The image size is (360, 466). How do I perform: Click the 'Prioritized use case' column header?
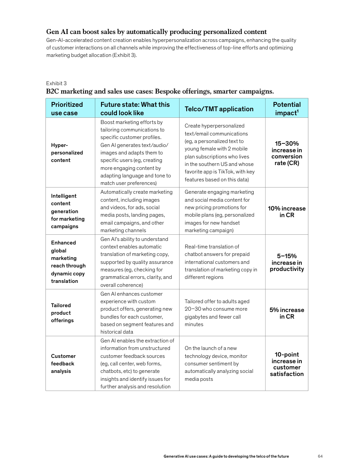click(x=67, y=109)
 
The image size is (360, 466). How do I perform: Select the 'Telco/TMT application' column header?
click(x=219, y=109)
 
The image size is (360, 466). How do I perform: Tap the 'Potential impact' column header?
click(x=287, y=109)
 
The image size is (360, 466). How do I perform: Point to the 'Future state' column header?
click(x=135, y=109)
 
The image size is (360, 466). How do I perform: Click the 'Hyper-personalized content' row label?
click(x=61, y=152)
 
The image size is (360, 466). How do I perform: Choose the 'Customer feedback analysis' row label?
click(x=63, y=364)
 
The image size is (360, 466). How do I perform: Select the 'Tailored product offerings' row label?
click(x=62, y=312)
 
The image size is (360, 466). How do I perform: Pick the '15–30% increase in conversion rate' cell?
click(x=287, y=154)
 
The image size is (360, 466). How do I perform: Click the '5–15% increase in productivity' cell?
click(x=287, y=263)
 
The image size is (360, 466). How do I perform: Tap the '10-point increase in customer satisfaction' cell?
click(x=287, y=364)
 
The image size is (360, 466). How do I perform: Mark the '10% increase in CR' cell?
click(x=287, y=212)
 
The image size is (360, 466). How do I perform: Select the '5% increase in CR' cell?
click(x=287, y=313)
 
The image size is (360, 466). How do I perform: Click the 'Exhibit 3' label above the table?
click(x=56, y=83)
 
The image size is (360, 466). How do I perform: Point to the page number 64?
click(x=320, y=456)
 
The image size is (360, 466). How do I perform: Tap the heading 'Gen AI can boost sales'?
click(x=156, y=32)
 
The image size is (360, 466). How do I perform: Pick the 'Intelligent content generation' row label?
click(x=67, y=211)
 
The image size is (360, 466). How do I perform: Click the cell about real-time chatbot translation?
click(x=221, y=262)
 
